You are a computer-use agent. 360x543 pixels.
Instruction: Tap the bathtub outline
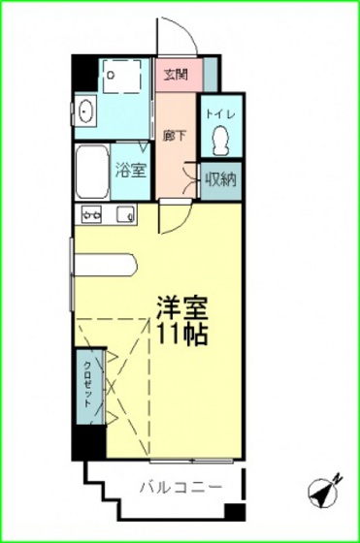tap(93, 172)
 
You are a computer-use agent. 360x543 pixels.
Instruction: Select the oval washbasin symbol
tap(84, 112)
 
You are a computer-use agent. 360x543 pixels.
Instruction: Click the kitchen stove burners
tap(92, 213)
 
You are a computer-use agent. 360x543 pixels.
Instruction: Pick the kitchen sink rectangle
tap(124, 213)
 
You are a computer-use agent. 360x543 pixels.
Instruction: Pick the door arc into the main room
tap(171, 216)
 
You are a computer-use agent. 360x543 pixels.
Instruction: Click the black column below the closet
tap(88, 441)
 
